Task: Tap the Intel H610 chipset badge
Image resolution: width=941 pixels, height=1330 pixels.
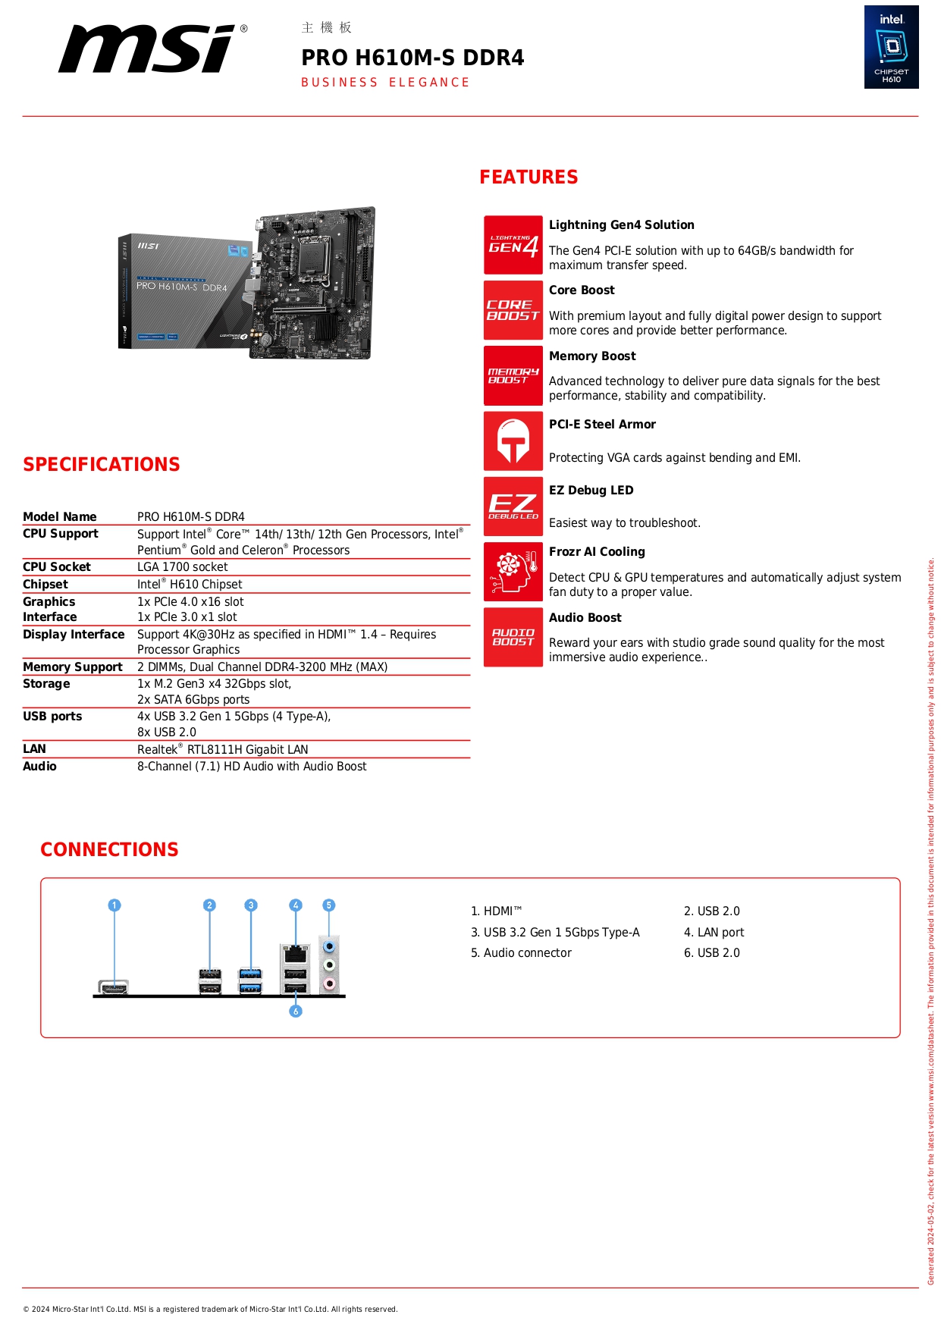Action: [x=891, y=47]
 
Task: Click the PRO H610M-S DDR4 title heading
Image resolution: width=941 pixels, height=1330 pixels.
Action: [x=412, y=58]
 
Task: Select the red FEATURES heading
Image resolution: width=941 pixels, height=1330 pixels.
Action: [x=529, y=177]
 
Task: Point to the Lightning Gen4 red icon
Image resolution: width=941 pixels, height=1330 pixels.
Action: [x=513, y=245]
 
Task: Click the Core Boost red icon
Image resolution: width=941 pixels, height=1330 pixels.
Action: [x=513, y=310]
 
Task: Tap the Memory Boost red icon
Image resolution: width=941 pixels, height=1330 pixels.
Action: [x=513, y=376]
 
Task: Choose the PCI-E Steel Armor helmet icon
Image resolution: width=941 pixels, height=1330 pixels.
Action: [x=513, y=441]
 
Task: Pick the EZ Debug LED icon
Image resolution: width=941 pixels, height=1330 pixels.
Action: [x=513, y=507]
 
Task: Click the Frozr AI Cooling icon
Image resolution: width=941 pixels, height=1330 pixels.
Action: [x=513, y=572]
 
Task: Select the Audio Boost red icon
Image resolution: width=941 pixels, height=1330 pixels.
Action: [x=513, y=637]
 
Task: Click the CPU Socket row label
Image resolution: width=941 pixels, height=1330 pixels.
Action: [x=57, y=567]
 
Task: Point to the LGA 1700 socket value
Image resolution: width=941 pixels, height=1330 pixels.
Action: [x=183, y=567]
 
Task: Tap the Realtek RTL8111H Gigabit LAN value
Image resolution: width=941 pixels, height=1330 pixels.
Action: [x=223, y=750]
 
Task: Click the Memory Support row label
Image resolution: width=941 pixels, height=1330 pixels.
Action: [x=73, y=667]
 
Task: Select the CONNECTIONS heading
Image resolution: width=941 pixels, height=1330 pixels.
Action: [x=109, y=850]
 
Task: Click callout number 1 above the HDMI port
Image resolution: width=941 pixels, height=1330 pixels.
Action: [x=114, y=905]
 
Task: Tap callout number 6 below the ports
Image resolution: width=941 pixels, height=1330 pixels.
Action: [x=296, y=1011]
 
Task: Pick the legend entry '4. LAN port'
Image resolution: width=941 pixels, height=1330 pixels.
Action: [x=714, y=933]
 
